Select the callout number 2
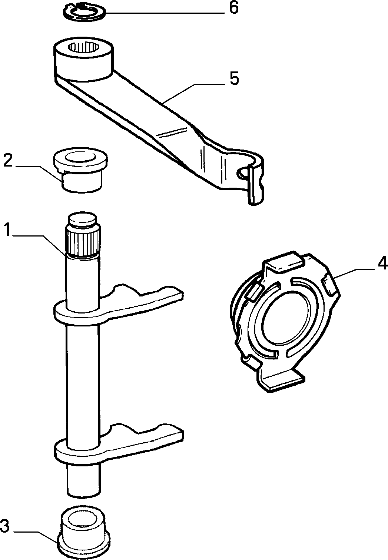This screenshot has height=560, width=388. (8, 161)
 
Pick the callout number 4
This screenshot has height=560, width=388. (382, 264)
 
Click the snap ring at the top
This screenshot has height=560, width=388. (84, 13)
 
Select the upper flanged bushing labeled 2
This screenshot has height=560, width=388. (80, 169)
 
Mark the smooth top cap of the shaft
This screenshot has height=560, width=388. (82, 219)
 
